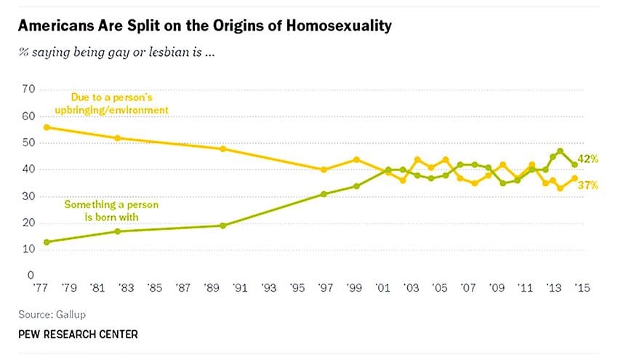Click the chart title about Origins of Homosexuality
(204, 26)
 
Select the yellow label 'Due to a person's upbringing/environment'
(119, 103)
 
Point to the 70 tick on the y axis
(29, 89)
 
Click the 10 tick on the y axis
(29, 249)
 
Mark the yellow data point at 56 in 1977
(47, 127)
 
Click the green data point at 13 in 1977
(47, 242)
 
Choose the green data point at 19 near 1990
(223, 225)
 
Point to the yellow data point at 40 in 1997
(324, 170)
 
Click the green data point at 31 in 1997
(324, 194)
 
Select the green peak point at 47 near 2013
(561, 151)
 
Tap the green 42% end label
(588, 159)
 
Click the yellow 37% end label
(588, 185)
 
